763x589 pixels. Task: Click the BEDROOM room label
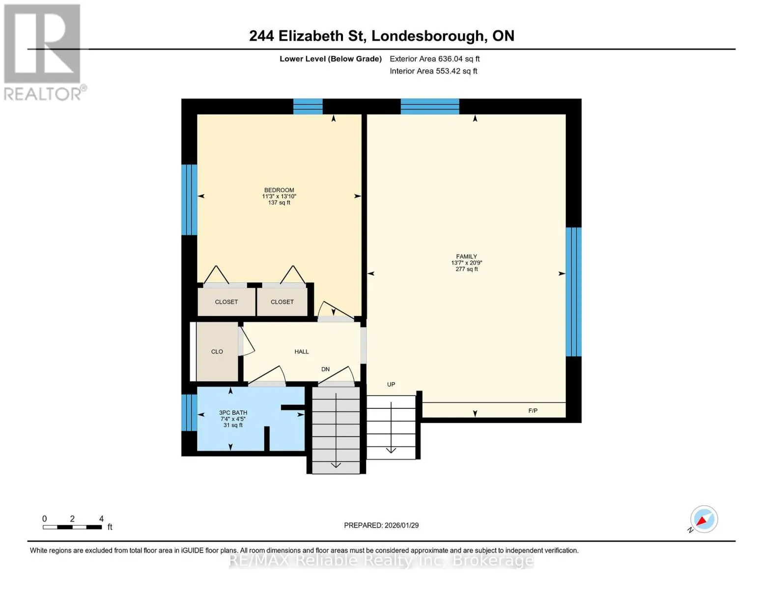pos(279,190)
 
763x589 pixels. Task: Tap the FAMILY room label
pos(466,256)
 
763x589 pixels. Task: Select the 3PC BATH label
pos(233,413)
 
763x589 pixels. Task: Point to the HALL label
pos(302,351)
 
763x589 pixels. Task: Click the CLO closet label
pos(217,351)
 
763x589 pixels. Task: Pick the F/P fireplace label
pos(533,410)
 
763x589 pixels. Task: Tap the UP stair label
pos(391,384)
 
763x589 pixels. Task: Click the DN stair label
pos(326,369)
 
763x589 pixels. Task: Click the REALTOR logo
pos(43,53)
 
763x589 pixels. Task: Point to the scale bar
pos(72,527)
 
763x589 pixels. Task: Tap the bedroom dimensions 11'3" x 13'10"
pos(279,196)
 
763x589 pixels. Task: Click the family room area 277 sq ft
pos(466,269)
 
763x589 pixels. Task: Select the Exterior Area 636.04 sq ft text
pos(435,59)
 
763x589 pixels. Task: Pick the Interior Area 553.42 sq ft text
pos(434,71)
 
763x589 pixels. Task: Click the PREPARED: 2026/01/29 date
pos(381,525)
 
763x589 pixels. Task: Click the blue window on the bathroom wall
pos(189,413)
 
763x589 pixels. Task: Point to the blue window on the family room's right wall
pos(574,292)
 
